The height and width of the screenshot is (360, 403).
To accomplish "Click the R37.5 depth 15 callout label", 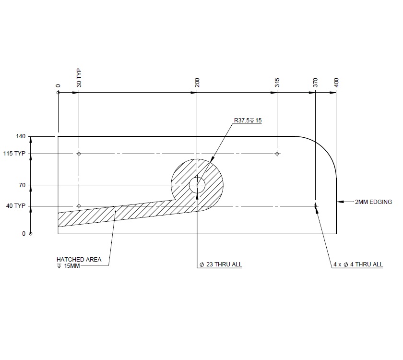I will click(248, 120).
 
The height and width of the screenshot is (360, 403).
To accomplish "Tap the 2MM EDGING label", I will click(373, 202).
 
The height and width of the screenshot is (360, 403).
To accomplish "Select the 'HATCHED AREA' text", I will click(79, 259).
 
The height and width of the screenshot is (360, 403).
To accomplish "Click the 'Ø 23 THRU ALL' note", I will click(221, 264).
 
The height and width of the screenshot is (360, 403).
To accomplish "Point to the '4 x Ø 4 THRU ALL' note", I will click(358, 264).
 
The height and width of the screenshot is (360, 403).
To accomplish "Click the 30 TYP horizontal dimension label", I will click(79, 78).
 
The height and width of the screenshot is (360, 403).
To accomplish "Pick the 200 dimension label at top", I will click(197, 82).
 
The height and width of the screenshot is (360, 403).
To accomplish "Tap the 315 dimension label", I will click(277, 82).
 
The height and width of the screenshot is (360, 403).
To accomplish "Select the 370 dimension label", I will click(315, 82).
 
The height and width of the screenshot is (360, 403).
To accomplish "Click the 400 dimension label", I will click(336, 82).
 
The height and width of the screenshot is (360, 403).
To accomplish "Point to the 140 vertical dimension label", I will click(20, 137).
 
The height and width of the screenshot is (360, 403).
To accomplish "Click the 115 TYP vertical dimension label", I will click(17, 154).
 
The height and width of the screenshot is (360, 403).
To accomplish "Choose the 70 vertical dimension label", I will click(22, 185).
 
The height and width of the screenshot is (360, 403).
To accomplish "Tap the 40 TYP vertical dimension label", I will click(18, 206).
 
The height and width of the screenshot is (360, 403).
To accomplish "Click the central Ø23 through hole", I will click(197, 185).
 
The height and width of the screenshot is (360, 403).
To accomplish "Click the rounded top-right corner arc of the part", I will click(323, 149).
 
